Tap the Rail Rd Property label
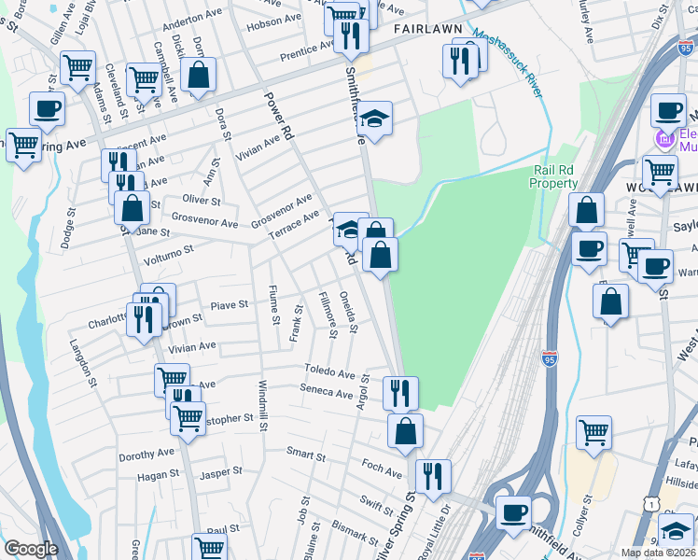click(555, 176)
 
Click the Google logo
click(31, 549)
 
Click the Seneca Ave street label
click(327, 392)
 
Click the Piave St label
click(229, 304)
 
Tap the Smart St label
click(305, 454)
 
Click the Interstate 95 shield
click(549, 357)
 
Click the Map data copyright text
click(659, 553)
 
